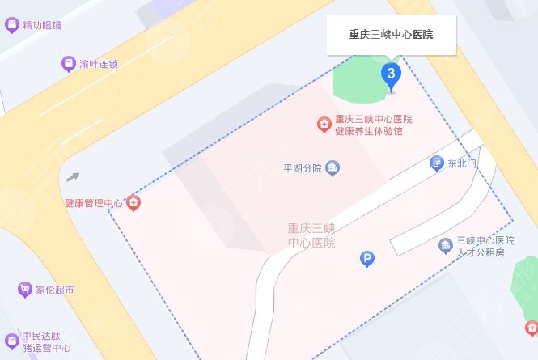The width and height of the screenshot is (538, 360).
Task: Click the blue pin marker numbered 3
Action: click(392, 76)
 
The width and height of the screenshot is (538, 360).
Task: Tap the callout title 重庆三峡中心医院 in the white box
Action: click(391, 35)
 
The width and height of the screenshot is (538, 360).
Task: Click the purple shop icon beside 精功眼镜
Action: click(11, 24)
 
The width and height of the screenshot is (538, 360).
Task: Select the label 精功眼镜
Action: click(42, 25)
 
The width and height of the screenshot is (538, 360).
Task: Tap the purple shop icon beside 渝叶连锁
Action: click(68, 63)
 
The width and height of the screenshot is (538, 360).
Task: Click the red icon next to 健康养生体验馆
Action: click(323, 124)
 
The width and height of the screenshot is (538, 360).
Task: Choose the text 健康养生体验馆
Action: click(369, 131)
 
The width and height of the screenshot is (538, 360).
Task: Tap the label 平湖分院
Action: click(302, 169)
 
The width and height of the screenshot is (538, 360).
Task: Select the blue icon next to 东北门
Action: click(437, 163)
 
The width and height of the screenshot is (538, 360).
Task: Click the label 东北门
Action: click(463, 164)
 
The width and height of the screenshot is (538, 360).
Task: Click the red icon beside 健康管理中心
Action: click(134, 202)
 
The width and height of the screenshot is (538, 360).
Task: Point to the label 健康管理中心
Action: click(94, 202)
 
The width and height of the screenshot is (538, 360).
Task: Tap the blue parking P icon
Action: click(367, 259)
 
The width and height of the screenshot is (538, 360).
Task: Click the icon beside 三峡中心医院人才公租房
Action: click(445, 245)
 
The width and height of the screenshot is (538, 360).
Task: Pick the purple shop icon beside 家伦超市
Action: click(24, 289)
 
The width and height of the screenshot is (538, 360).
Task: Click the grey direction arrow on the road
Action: click(74, 176)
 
